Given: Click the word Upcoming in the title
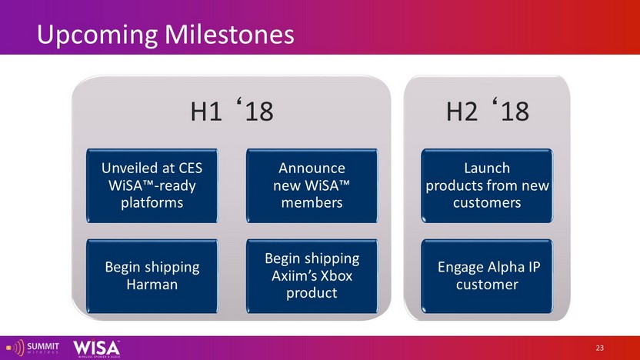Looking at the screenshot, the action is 97,35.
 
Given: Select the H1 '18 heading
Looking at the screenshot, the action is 232,110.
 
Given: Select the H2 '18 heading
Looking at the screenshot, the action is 488,110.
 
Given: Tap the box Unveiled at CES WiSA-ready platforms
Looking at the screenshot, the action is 152,185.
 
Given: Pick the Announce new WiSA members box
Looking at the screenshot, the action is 312,185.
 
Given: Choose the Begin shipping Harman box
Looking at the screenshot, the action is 152,276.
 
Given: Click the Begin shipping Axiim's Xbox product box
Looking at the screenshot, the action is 312,276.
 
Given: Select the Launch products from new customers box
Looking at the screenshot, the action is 487,185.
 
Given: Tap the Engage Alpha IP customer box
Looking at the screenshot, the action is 487,276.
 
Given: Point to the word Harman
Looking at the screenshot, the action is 152,285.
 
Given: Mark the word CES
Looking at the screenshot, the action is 188,168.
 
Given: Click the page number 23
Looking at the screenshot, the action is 599,348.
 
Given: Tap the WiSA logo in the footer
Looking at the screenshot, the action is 97,348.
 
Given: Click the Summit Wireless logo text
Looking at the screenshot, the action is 43,348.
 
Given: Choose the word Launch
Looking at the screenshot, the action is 487,168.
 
